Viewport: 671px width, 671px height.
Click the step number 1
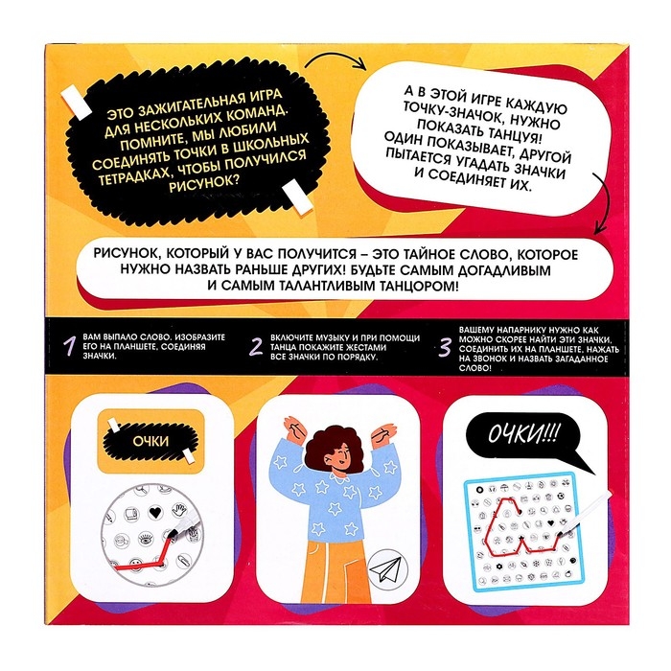click(69, 346)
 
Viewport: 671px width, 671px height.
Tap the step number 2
click(256, 347)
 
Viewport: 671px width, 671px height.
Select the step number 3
click(446, 347)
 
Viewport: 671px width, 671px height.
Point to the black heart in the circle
click(155, 512)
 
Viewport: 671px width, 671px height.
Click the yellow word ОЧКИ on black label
click(150, 441)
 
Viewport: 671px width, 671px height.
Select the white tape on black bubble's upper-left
click(76, 104)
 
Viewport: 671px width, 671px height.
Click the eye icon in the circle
click(145, 538)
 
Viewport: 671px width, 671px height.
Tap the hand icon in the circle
click(180, 510)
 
